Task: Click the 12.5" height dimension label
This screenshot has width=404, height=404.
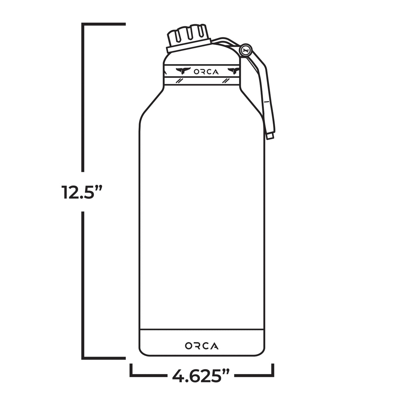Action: tap(82, 192)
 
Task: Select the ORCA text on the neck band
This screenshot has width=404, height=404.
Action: tap(206, 72)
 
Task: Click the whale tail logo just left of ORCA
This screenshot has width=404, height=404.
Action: tap(183, 71)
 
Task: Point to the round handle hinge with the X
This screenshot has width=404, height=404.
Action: tap(246, 50)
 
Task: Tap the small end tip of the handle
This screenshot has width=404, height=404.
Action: tap(270, 135)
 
